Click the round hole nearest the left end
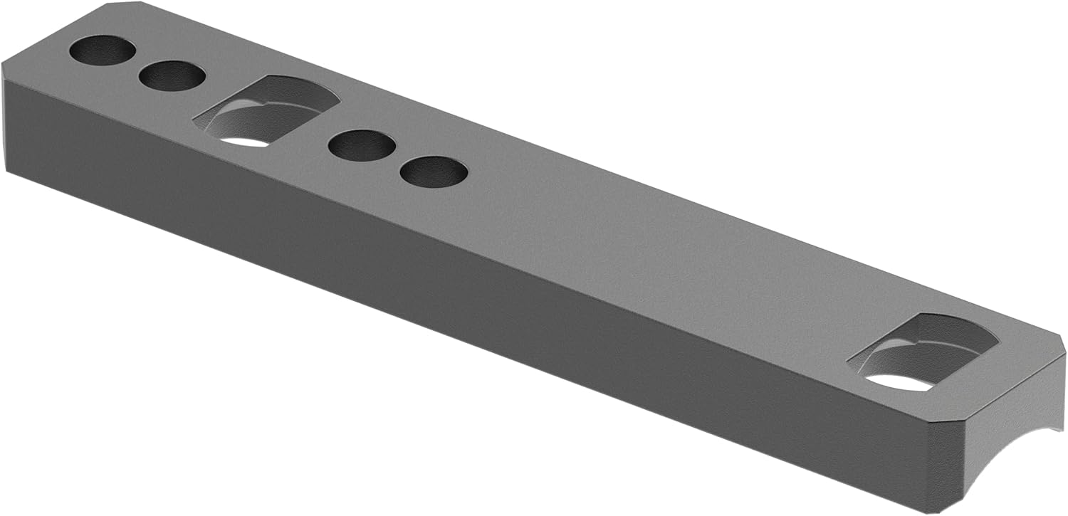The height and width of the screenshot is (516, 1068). (x=103, y=52)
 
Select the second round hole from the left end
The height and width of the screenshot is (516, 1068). (x=172, y=75)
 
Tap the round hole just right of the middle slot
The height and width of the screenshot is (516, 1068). (x=362, y=145)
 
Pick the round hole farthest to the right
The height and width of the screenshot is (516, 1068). (x=434, y=172)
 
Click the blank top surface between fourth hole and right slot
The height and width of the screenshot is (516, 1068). (x=641, y=249)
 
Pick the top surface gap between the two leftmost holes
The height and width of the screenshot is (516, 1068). (x=137, y=63)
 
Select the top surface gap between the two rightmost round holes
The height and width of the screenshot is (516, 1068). (x=399, y=158)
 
